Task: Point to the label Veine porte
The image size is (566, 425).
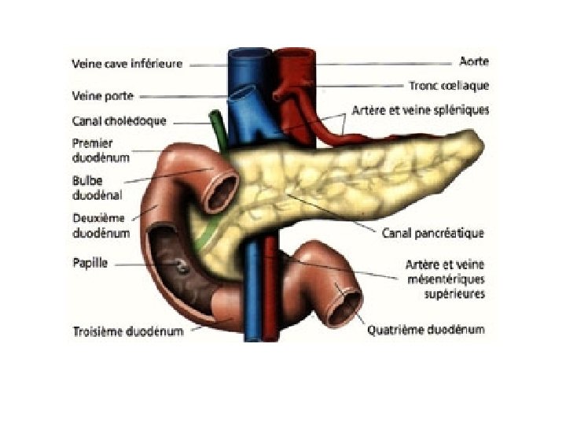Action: (x=101, y=97)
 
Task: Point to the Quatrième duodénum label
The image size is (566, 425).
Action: (x=425, y=330)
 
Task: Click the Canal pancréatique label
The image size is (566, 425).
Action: (x=432, y=233)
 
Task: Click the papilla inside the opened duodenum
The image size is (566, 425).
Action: (x=182, y=268)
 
